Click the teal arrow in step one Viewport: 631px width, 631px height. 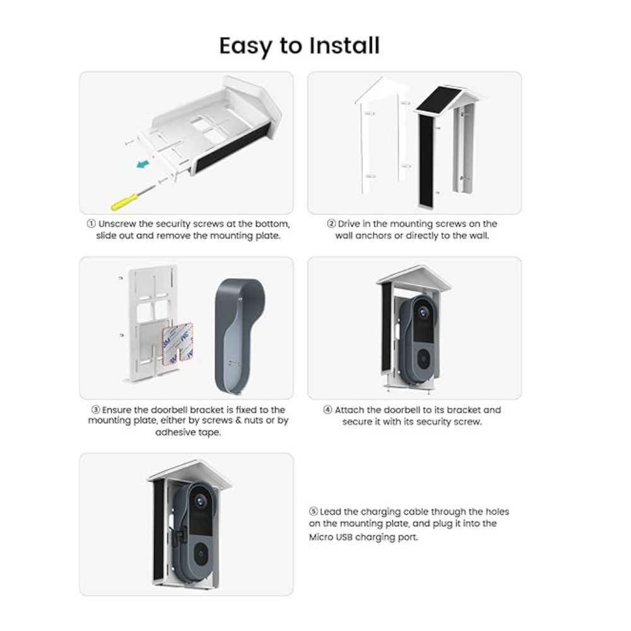142,164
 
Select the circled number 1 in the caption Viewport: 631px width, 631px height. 91,224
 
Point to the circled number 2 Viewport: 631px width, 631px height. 331,224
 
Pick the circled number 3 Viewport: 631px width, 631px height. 95,410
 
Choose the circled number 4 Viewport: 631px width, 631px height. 327,410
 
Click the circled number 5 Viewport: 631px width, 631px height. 314,512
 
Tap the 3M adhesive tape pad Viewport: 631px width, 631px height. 177,343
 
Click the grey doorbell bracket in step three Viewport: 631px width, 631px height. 235,336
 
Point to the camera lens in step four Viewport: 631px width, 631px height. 423,312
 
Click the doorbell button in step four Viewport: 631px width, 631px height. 423,358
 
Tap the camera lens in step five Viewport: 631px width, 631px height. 200,501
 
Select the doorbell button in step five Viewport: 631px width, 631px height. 201,554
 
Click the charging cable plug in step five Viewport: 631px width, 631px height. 180,534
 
